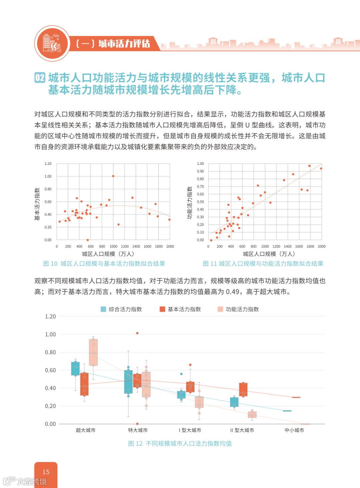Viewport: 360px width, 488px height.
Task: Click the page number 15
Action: [x=46, y=472]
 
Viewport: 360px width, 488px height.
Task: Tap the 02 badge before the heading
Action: [x=40, y=78]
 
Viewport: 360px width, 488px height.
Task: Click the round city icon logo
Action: [x=52, y=44]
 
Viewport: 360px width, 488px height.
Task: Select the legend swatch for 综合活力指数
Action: [x=103, y=309]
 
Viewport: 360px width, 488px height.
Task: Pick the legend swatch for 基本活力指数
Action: [x=162, y=309]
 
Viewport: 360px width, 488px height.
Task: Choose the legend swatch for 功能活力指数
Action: [x=220, y=309]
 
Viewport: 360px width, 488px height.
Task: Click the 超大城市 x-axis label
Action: [x=86, y=430]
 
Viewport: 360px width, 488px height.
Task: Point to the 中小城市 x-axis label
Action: [x=294, y=430]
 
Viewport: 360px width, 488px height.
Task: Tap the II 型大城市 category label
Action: [x=242, y=430]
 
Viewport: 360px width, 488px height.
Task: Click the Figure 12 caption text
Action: [x=180, y=444]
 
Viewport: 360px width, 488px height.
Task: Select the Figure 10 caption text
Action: [x=104, y=264]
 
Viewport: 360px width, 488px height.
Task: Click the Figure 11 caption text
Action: [x=263, y=264]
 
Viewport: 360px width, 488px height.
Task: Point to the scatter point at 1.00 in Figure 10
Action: [x=113, y=176]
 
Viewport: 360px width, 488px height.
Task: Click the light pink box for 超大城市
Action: [x=93, y=352]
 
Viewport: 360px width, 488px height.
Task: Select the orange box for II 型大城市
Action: [x=243, y=389]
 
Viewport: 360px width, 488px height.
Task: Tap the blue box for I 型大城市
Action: [x=181, y=395]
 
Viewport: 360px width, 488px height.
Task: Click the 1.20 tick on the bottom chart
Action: [x=50, y=316]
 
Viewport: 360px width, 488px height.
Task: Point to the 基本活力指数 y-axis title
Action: [x=37, y=204]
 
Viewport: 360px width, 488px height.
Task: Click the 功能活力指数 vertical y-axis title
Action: [x=190, y=203]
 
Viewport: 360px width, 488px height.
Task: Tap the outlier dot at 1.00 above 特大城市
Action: [x=137, y=333]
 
